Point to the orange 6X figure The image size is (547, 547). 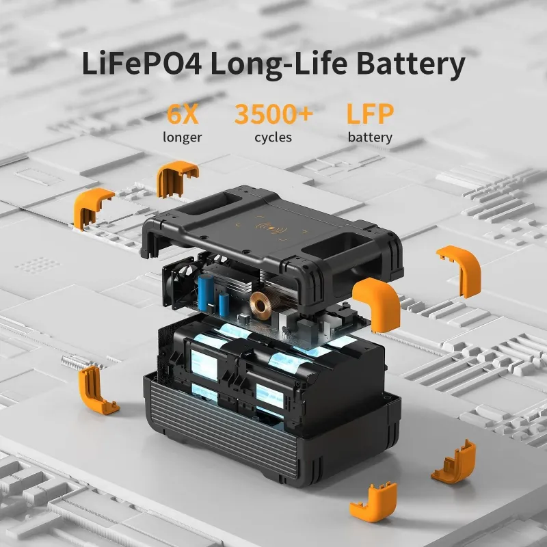click(x=183, y=114)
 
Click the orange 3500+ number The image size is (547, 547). click(x=273, y=114)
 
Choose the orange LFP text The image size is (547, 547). click(x=370, y=114)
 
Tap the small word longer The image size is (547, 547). click(x=183, y=137)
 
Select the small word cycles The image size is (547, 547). click(x=273, y=137)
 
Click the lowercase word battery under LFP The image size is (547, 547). click(x=370, y=137)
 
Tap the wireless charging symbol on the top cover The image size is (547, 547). click(x=272, y=225)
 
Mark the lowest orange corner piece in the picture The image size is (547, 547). click(x=373, y=503)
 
